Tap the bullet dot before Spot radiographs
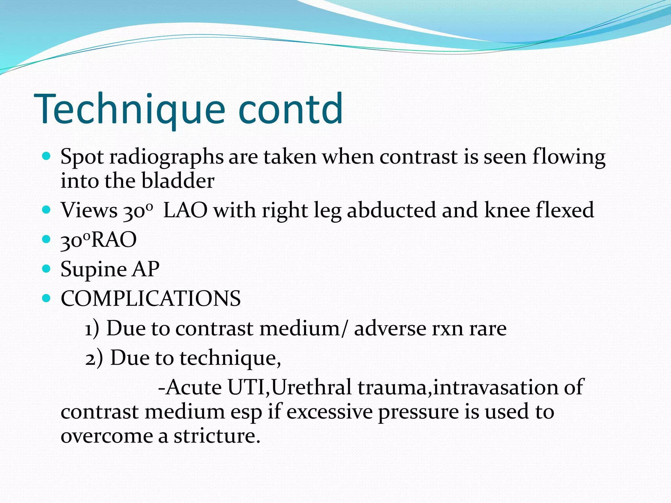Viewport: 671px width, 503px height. [x=47, y=156]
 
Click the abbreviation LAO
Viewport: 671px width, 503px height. [x=185, y=210]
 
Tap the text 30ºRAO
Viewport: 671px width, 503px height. [x=98, y=240]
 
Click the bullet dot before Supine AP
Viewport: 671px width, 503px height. [x=47, y=269]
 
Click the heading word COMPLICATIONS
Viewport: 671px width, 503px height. [x=151, y=299]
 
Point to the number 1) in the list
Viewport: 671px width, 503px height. [x=92, y=328]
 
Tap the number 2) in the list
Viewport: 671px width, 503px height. [x=94, y=358]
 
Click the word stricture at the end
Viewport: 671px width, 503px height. [x=217, y=436]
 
